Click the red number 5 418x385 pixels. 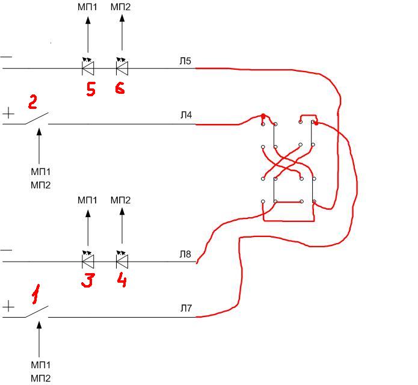[x=90, y=90]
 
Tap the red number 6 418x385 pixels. [x=120, y=88]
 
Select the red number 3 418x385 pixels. [x=88, y=280]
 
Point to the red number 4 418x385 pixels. [x=121, y=280]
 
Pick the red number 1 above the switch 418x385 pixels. [x=35, y=295]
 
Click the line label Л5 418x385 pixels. [x=185, y=61]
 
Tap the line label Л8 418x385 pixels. [x=185, y=255]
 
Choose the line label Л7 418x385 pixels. [x=186, y=309]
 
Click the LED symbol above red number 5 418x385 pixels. [x=88, y=67]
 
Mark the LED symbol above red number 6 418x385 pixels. [x=121, y=67]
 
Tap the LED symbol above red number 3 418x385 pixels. [x=88, y=261]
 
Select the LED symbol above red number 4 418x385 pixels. [x=122, y=261]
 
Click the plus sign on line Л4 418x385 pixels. [x=8, y=113]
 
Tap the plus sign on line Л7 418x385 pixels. [x=8, y=307]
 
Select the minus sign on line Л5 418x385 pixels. [x=6, y=57]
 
